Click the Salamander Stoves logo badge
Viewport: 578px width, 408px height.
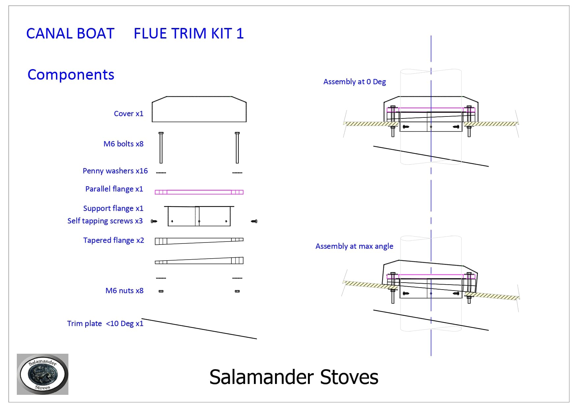tap(42, 374)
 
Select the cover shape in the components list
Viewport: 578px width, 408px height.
tap(199, 110)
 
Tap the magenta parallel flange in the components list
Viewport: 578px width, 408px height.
tap(199, 192)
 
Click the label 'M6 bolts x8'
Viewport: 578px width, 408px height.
tap(124, 144)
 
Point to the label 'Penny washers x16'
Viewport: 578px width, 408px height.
tap(115, 171)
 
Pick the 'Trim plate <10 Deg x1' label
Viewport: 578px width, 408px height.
tap(105, 323)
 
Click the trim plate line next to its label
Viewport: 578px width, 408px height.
tap(199, 329)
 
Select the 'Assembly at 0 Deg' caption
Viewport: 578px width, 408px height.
tap(354, 82)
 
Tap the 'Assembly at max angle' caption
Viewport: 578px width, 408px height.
tap(354, 246)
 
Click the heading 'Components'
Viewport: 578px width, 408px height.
tap(71, 75)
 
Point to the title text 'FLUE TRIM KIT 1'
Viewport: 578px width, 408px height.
tap(188, 34)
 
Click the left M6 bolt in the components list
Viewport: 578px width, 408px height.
tap(161, 148)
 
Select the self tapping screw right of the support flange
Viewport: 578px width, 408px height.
tap(254, 221)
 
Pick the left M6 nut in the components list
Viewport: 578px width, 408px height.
tap(161, 291)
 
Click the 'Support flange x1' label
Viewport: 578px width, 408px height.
tap(113, 208)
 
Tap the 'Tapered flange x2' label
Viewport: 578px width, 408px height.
tap(113, 240)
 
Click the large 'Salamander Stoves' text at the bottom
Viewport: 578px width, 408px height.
tap(293, 377)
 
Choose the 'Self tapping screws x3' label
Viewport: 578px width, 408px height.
tap(105, 221)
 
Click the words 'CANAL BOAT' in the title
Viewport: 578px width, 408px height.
tap(70, 34)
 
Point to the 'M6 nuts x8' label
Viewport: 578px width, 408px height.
tap(124, 291)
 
